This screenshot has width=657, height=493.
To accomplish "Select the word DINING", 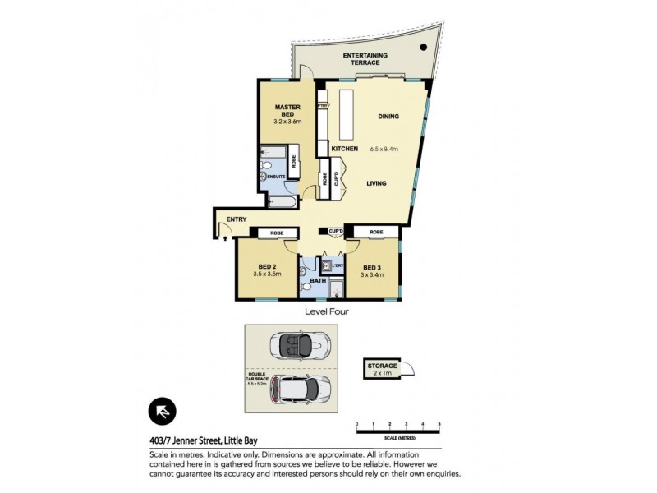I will (388, 117).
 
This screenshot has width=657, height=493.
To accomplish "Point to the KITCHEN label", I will (345, 149).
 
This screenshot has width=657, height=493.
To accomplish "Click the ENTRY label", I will (237, 219).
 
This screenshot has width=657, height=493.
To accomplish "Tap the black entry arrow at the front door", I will (226, 237).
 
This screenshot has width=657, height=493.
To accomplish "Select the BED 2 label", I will (265, 267).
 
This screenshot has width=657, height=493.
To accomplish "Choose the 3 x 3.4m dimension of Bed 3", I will (372, 274).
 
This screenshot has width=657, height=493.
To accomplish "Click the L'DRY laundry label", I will (337, 265).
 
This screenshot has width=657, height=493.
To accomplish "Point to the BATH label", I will (317, 282).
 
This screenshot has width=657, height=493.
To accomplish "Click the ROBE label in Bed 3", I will (375, 233).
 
